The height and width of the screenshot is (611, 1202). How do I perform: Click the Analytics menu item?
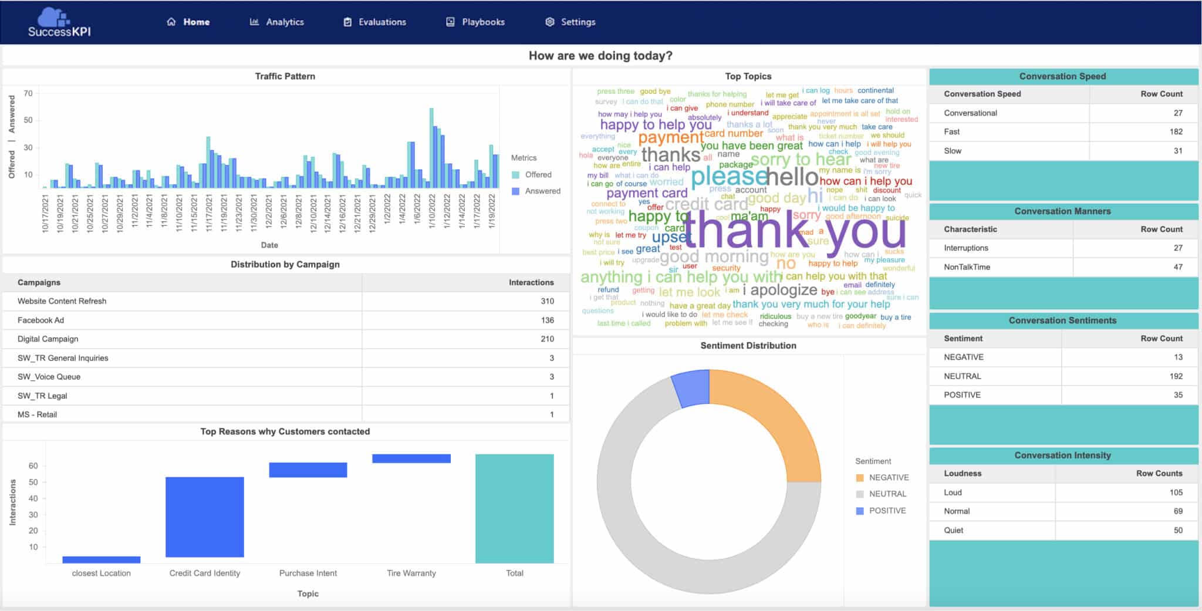(x=277, y=22)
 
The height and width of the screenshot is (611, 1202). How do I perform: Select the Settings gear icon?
(x=549, y=22)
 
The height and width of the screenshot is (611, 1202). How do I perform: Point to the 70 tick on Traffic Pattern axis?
(x=28, y=93)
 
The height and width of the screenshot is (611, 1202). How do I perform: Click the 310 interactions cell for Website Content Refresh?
(x=547, y=301)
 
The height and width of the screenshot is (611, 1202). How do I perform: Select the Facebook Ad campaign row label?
(x=40, y=320)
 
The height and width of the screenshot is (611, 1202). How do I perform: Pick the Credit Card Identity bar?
(x=204, y=517)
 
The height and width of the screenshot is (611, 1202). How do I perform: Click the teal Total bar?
(x=514, y=508)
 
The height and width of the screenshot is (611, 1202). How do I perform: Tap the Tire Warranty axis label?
(x=411, y=573)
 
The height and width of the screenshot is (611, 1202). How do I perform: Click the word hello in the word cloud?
(x=792, y=177)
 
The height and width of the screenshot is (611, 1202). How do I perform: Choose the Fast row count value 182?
(x=1176, y=131)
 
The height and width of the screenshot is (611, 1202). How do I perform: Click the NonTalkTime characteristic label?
(x=967, y=267)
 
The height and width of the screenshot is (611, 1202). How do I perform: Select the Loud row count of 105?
(x=1176, y=492)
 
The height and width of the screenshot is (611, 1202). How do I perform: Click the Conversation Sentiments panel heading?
(x=1062, y=320)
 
